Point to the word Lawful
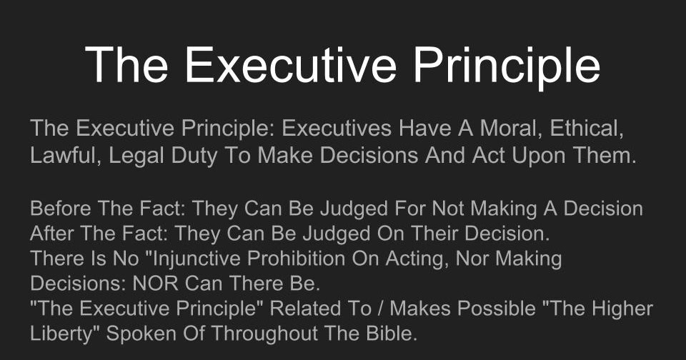(x=65, y=155)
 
